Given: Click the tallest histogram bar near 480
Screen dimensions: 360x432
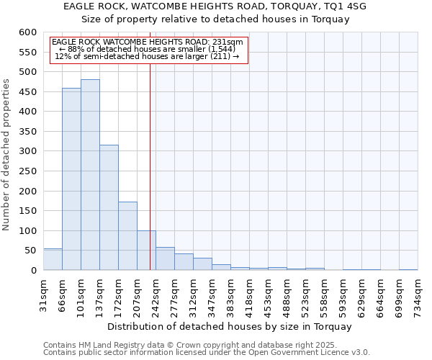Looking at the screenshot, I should [x=90, y=175].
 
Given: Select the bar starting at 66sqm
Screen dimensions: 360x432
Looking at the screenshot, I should [x=71, y=179].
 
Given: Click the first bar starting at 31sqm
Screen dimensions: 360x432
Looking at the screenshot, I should [x=53, y=260].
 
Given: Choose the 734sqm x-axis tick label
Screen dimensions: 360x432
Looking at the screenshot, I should [x=418, y=295].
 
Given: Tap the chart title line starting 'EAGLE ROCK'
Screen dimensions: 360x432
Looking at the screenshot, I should [x=215, y=6].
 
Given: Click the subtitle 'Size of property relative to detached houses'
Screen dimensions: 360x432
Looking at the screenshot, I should [x=215, y=19].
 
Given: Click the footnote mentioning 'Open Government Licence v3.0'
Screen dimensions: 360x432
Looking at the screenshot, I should [x=207, y=352].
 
